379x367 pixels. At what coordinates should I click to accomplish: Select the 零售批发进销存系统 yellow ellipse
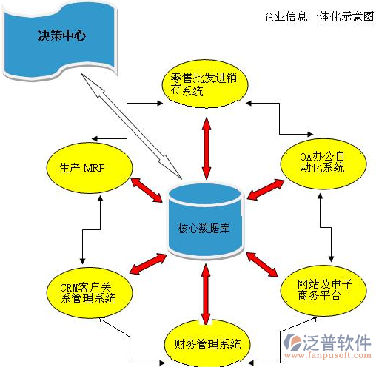pyautogui.click(x=205, y=84)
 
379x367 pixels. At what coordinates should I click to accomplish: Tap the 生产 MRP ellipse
pyautogui.click(x=90, y=168)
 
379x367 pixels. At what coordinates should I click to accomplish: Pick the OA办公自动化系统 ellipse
pyautogui.click(x=323, y=164)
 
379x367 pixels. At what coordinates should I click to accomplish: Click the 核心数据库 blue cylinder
pyautogui.click(x=205, y=220)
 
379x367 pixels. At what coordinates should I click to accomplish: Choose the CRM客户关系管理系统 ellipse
pyautogui.click(x=90, y=293)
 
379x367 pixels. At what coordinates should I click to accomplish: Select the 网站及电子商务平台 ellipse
pyautogui.click(x=323, y=291)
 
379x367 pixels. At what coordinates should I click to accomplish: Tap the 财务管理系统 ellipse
pyautogui.click(x=207, y=344)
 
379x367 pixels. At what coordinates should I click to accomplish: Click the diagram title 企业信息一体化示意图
pyautogui.click(x=318, y=17)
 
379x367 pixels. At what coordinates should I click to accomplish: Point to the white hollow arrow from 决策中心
pyautogui.click(x=131, y=126)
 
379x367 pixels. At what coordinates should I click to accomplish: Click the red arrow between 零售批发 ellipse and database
pyautogui.click(x=207, y=149)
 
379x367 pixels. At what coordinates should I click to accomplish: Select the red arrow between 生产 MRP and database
pyautogui.click(x=147, y=190)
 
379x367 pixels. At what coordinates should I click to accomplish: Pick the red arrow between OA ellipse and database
pyautogui.click(x=266, y=189)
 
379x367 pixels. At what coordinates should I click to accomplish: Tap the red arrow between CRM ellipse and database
pyautogui.click(x=148, y=263)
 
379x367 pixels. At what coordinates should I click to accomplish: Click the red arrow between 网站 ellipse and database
pyautogui.click(x=262, y=264)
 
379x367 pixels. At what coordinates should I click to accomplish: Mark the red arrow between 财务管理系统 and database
pyautogui.click(x=206, y=294)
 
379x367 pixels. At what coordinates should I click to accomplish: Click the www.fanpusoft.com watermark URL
pyautogui.click(x=328, y=355)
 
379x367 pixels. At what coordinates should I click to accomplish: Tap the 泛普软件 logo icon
pyautogui.click(x=292, y=343)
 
